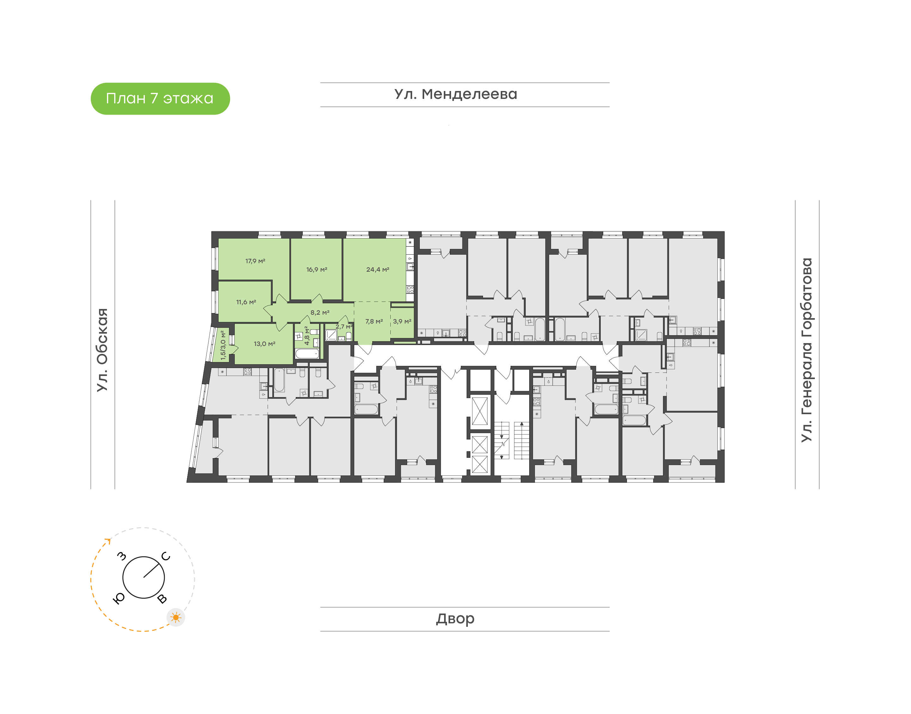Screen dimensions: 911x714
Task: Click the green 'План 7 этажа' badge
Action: point(160,99)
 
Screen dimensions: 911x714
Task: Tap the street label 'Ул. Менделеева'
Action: point(456,94)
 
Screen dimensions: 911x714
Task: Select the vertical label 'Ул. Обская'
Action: point(102,350)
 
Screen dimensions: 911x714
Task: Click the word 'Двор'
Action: point(455,619)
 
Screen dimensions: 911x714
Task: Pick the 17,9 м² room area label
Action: point(255,261)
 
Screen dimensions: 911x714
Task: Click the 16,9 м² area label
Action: point(317,269)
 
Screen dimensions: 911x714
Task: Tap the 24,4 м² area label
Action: point(378,269)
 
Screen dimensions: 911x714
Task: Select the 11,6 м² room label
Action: point(246,302)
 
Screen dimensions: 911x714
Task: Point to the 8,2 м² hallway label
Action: point(320,313)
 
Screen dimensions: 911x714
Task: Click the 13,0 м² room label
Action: point(264,344)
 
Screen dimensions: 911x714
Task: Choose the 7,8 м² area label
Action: point(374,322)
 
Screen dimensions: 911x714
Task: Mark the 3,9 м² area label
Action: point(402,322)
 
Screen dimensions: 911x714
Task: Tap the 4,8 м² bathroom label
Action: point(307,336)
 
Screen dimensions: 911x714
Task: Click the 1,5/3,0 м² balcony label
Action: point(223,346)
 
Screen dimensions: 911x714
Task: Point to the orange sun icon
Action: point(176,617)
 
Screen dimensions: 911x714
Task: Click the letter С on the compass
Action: point(166,556)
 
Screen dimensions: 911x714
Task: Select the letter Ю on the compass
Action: point(119,599)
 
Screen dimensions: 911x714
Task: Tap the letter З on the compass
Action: point(121,556)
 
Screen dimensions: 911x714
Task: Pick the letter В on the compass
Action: point(162,599)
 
